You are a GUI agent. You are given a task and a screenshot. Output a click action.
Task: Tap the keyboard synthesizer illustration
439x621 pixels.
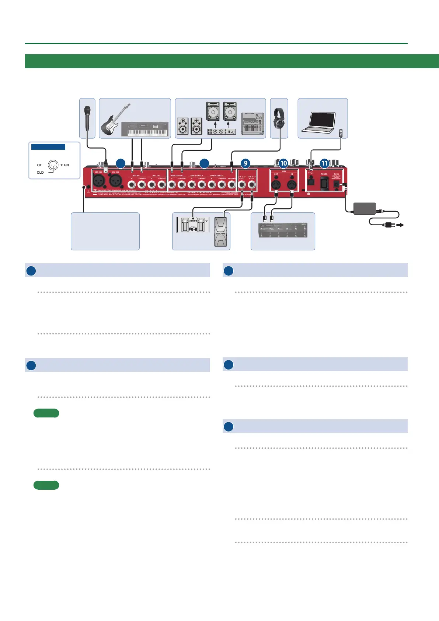coord(144,129)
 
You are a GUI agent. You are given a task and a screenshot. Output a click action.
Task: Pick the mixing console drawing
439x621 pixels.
coord(252,124)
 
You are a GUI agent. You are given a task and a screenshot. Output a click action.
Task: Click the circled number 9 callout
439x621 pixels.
coord(245,163)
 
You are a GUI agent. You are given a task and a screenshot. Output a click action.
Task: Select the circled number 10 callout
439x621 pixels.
coord(283,163)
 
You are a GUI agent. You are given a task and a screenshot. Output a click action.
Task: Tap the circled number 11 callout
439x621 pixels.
coord(324,163)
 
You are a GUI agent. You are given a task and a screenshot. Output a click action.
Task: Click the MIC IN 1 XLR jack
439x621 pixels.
coord(99,181)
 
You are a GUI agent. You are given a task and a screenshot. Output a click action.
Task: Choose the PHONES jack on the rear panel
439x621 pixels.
coord(231,184)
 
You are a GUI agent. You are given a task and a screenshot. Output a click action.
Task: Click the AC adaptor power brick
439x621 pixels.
coord(364,208)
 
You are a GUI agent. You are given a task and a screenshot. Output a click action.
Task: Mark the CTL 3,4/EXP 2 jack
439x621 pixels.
coord(252,184)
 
